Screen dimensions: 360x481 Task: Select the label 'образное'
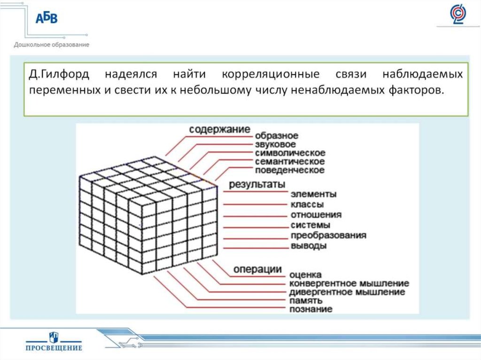click(277, 136)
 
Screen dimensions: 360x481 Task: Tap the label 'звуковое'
click(276, 145)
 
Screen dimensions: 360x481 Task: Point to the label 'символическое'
click(290, 153)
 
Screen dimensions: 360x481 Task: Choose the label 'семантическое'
click(290, 161)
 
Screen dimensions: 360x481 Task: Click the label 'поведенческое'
click(290, 170)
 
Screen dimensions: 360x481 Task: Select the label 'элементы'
click(313, 194)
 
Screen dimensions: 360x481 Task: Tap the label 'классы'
click(307, 205)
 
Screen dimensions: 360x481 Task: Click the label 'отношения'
click(316, 215)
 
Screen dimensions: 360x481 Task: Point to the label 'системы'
click(310, 225)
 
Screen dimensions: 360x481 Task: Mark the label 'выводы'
click(309, 246)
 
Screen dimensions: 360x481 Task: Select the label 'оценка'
click(306, 275)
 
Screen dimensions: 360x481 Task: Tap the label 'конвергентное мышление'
click(349, 283)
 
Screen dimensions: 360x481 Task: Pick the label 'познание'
click(311, 309)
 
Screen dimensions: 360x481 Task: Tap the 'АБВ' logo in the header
click(47, 18)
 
